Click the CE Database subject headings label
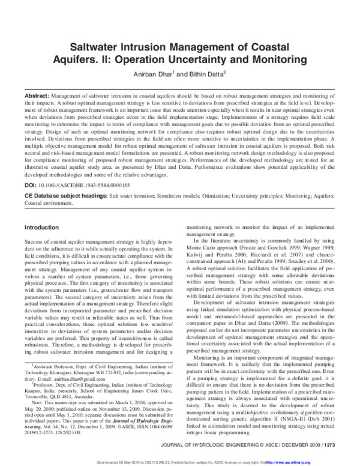coord(62,189)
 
